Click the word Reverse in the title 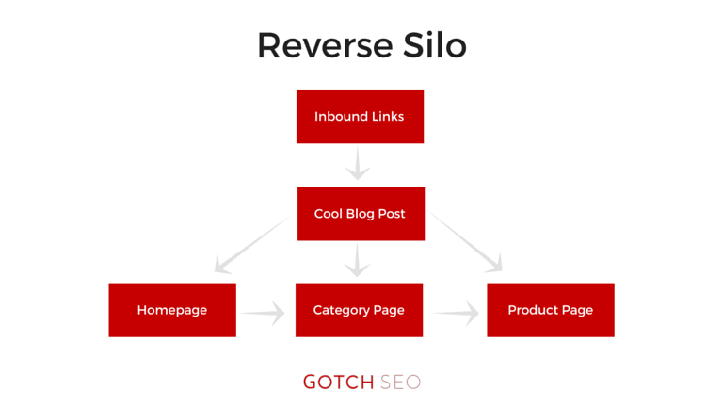click(326, 45)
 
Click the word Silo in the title click(435, 44)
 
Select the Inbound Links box click(361, 116)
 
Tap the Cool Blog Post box click(361, 214)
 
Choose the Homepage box click(172, 310)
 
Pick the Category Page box click(360, 310)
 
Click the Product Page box click(551, 310)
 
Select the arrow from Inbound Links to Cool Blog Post click(358, 164)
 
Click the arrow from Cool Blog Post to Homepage click(252, 245)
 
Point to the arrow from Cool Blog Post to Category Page click(358, 260)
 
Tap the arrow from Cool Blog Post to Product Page click(465, 242)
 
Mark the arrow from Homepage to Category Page click(263, 314)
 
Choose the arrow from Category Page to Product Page click(457, 314)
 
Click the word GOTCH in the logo click(339, 383)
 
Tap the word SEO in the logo click(400, 383)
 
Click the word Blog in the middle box click(360, 214)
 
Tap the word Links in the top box click(388, 116)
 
